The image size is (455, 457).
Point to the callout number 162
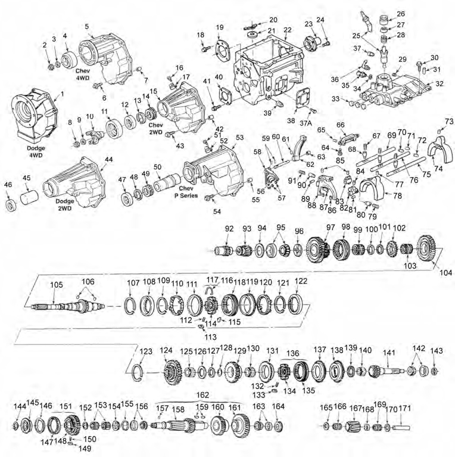202,394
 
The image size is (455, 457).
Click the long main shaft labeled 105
66,306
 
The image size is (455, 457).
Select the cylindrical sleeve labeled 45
30,197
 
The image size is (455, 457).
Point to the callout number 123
145,352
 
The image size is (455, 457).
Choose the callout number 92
229,228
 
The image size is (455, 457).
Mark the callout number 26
400,14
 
